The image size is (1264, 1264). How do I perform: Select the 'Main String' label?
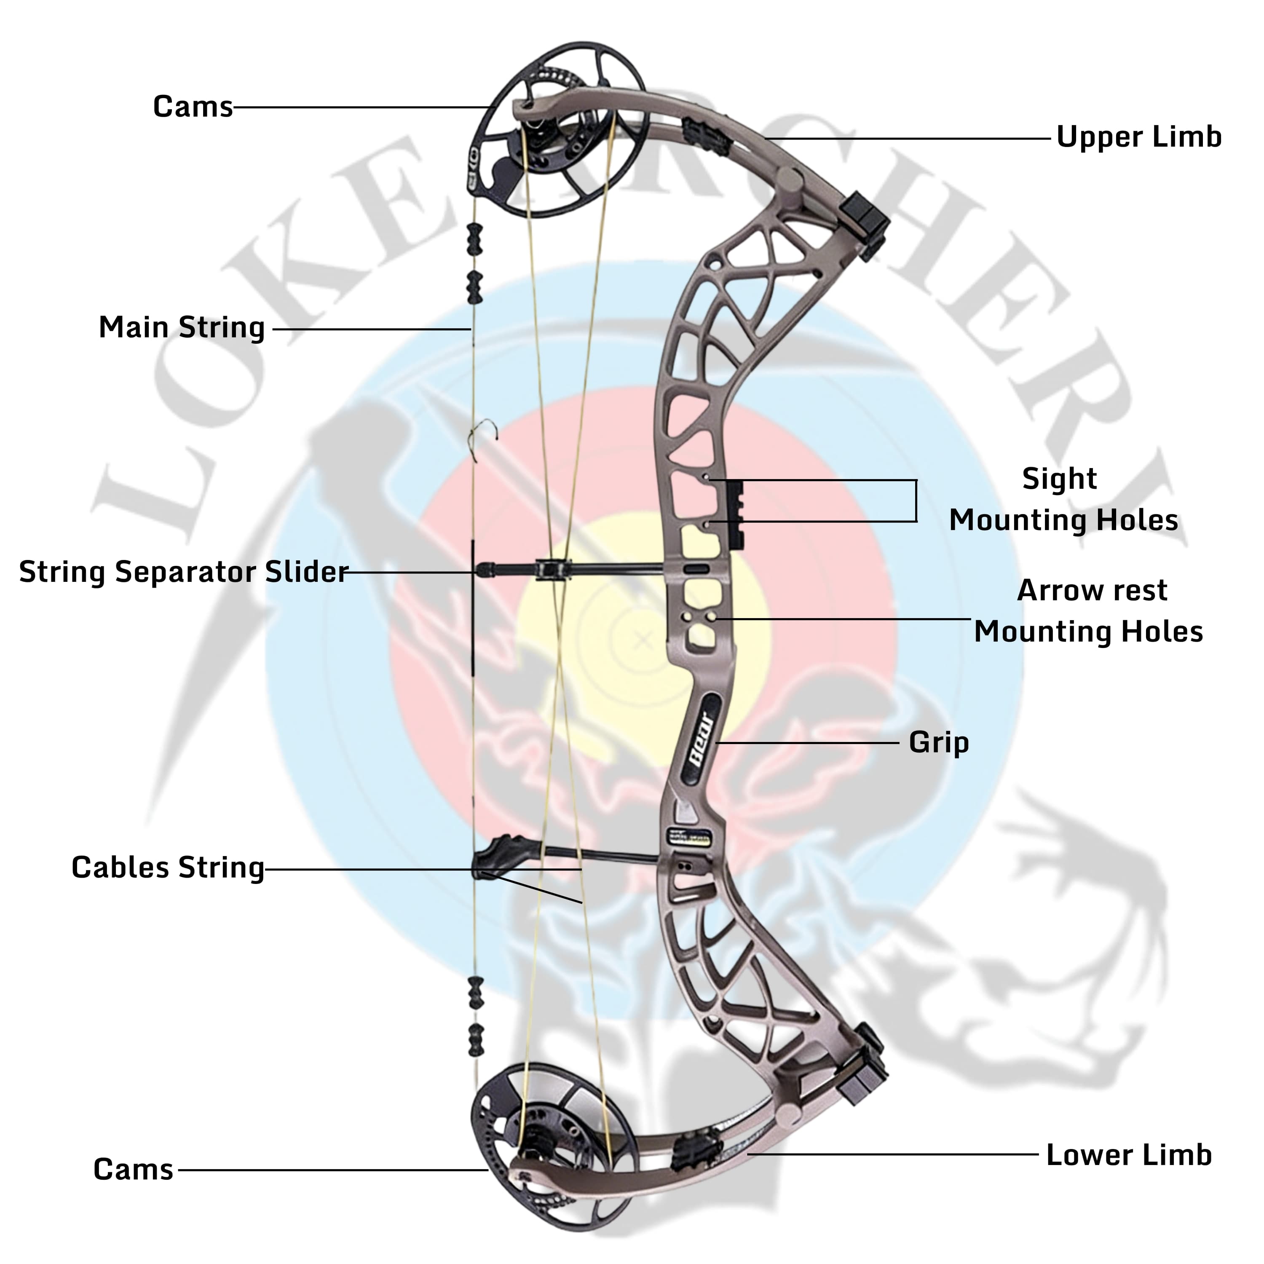181,328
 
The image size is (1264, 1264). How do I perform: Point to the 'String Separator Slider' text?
183,572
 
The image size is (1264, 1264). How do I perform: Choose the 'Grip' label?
938,742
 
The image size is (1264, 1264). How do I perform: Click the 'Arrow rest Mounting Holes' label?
1089,611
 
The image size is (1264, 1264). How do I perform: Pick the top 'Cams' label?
193,107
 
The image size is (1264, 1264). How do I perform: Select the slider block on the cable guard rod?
553,569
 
